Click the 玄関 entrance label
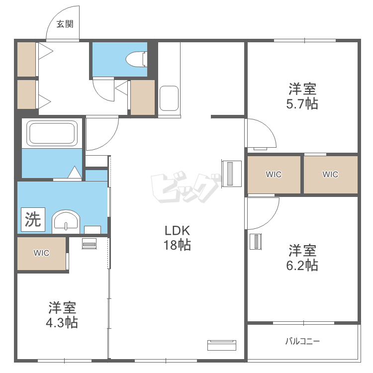[65, 24]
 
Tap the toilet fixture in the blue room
[136, 59]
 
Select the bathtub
[52, 133]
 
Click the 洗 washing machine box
[33, 219]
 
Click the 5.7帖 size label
[302, 104]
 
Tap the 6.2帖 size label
[302, 265]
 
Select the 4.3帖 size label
[62, 323]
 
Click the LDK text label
[177, 230]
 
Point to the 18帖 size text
[177, 245]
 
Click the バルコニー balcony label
[302, 341]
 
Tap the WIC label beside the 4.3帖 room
[41, 253]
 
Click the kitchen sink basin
[169, 98]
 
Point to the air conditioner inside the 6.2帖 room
[256, 241]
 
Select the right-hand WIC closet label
[330, 175]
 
